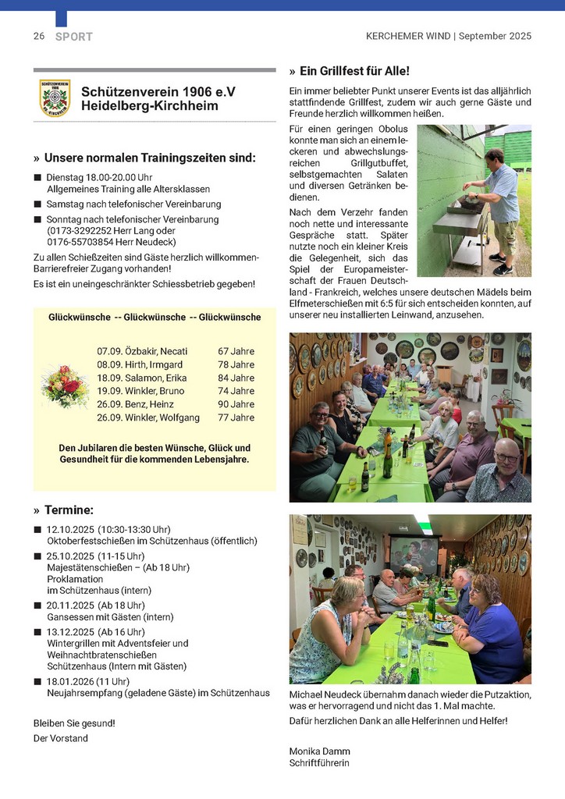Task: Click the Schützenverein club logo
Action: (55, 98)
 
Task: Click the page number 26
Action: (38, 36)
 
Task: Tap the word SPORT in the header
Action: (74, 37)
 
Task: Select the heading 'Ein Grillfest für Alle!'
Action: (355, 71)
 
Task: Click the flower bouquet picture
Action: (65, 386)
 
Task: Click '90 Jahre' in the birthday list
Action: (236, 404)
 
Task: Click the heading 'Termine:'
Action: (69, 510)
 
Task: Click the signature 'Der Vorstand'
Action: (61, 738)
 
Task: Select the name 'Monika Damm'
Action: (320, 751)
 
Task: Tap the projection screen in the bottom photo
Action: (414, 553)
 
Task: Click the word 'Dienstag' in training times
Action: (65, 178)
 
